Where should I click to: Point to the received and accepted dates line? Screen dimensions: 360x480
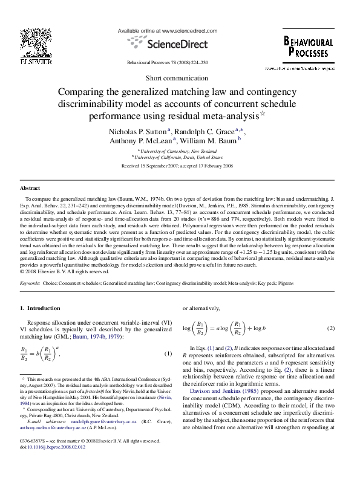pyautogui.click(x=179, y=164)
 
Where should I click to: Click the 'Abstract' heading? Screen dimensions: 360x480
pyautogui.click(x=30, y=188)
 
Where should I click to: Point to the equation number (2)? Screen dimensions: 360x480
pyautogui.click(x=330, y=328)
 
